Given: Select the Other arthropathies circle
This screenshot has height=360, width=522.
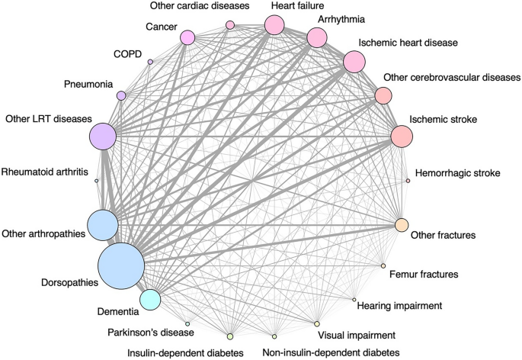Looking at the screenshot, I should pos(103,226).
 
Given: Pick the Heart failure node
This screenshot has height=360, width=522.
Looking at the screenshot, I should pos(274,25).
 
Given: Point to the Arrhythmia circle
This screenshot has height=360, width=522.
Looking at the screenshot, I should pos(317,37).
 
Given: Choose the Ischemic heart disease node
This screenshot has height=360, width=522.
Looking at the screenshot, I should pos(354,62).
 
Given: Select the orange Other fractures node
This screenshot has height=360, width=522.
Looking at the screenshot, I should pos(402,226).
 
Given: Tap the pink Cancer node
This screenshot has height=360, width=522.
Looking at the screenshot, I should pos(187,37).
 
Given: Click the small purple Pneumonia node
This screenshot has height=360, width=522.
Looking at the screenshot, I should pos(120,95).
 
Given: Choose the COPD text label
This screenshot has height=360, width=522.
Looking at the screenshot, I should pos(128,54).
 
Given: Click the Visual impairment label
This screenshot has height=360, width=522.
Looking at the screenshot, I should pos(360,334).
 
